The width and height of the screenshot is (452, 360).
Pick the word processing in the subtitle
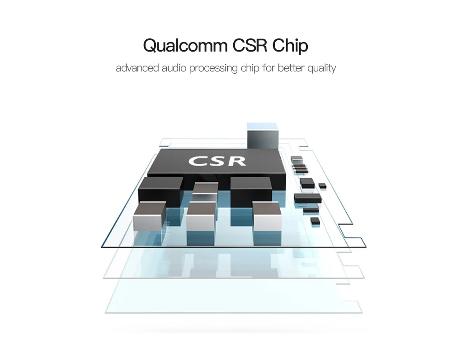[213, 69]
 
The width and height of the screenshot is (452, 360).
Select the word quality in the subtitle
[322, 69]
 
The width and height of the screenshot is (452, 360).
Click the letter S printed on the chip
[218, 161]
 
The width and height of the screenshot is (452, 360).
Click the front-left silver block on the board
[150, 216]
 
